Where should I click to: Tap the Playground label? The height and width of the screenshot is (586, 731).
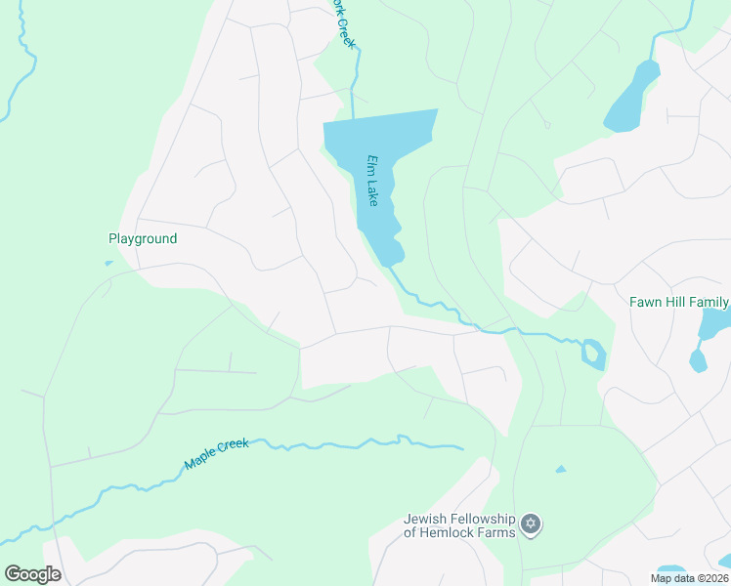143,238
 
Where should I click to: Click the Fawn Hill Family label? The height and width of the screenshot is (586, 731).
679,303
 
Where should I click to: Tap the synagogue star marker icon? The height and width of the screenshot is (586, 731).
531,525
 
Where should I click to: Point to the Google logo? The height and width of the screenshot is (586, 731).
32,574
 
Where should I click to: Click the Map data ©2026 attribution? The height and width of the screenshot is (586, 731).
689,578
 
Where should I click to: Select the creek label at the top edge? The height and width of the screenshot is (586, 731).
341,21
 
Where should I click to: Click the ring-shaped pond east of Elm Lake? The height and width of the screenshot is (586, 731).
592,353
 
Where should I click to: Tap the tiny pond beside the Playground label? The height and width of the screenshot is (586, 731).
108,263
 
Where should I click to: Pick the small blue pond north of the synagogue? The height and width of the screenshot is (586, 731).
560,470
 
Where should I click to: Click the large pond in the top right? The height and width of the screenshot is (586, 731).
633,98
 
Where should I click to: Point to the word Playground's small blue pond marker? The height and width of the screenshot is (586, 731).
108,263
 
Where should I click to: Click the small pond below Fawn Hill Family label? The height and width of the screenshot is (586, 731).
697,360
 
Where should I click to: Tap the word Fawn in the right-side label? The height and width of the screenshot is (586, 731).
646,303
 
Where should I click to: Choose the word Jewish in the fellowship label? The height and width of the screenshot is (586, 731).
426,519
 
